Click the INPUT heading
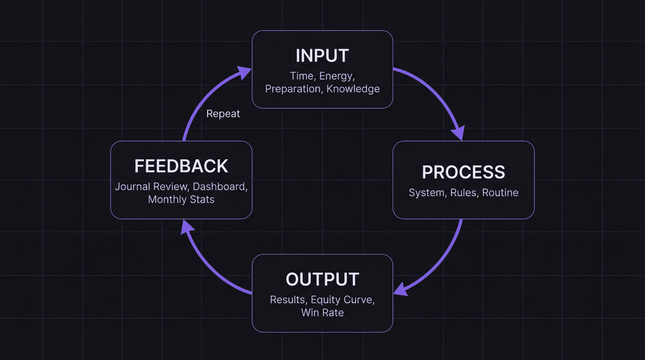pos(322,56)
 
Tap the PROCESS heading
pos(463,172)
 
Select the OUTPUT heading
pos(322,279)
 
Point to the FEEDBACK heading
pos(181,166)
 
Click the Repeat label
pos(223,114)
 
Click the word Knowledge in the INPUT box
pos(353,89)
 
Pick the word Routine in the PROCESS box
pos(500,193)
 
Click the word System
pos(427,193)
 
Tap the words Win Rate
pos(322,313)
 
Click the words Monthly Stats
pos(181,199)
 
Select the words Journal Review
pos(152,187)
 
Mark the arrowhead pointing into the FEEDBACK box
pos(187,227)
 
